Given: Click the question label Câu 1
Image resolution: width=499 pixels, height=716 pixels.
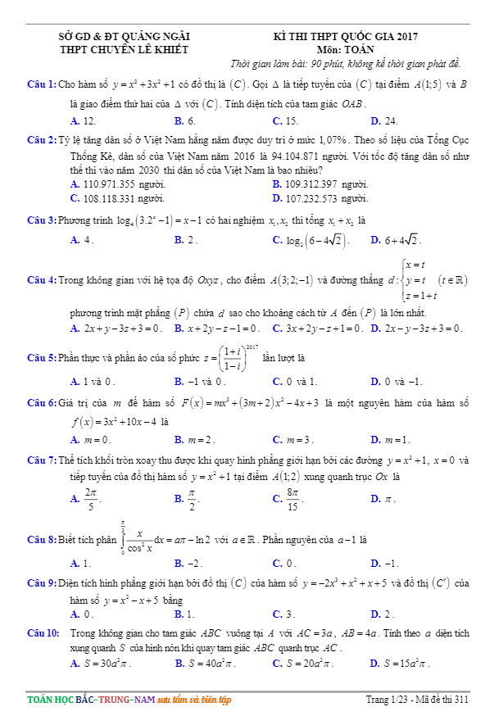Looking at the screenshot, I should tap(41, 84).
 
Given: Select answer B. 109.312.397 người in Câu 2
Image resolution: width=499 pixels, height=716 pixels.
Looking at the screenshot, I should tap(320, 184).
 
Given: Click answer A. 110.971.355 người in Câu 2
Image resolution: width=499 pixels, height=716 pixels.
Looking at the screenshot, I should tap(118, 184).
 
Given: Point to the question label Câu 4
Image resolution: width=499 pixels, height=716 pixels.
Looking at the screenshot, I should tap(41, 279).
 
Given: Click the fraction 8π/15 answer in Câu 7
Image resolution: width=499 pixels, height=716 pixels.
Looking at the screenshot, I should tap(293, 497).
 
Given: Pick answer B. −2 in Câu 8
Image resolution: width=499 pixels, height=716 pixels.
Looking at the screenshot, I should tap(188, 563).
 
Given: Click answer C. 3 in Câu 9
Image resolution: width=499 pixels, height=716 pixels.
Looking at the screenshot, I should tap(284, 614).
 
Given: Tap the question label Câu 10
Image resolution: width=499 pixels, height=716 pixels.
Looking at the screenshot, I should tap(43, 633).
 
